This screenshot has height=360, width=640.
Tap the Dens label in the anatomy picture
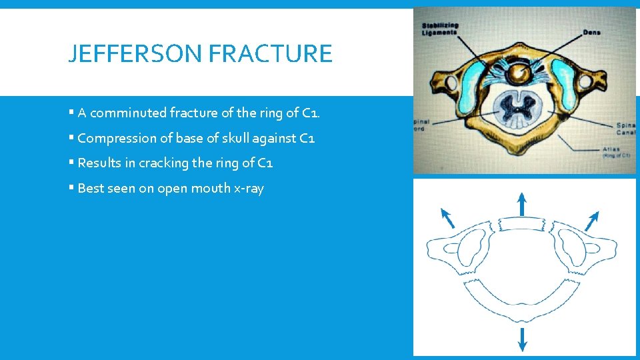591,32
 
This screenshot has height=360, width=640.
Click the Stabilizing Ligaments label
440,29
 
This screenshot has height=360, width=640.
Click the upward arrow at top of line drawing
522,203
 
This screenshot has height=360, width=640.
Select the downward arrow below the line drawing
522,339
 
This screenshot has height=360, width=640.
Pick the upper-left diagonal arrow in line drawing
448,217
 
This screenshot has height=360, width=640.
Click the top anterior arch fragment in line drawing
522,227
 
